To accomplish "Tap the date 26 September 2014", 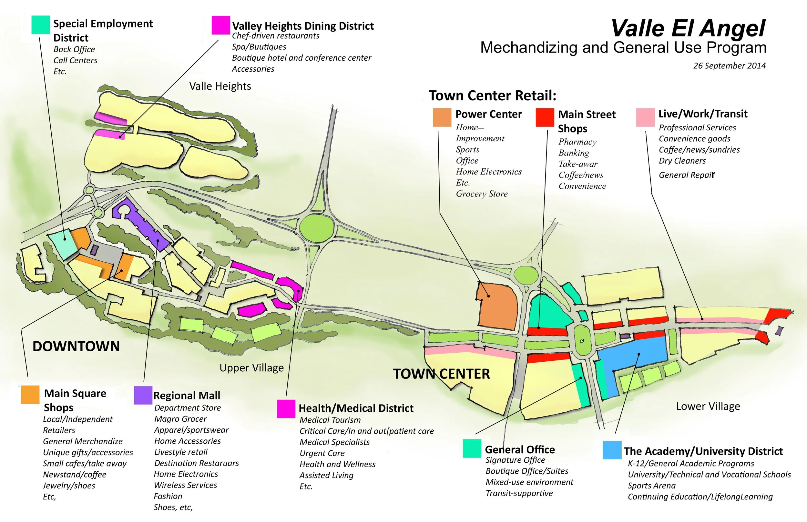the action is [x=729, y=66].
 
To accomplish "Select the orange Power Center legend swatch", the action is [x=442, y=117].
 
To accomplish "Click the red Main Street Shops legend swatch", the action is [x=545, y=117].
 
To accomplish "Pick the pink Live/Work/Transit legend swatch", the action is [x=645, y=117].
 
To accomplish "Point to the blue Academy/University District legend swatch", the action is [x=612, y=450].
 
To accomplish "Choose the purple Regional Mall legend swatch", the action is [x=143, y=395].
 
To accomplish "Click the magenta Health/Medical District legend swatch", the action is [x=286, y=409].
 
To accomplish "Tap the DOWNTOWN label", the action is [x=76, y=346].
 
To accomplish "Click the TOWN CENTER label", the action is [x=441, y=374].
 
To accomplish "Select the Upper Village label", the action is [x=251, y=368].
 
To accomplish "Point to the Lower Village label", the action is [x=708, y=406].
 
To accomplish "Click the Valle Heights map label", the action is [x=220, y=86].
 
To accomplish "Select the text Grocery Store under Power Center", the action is [x=482, y=194].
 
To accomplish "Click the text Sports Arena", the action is [x=651, y=486].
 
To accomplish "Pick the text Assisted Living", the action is [x=326, y=475].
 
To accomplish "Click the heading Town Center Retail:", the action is [x=492, y=95].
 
